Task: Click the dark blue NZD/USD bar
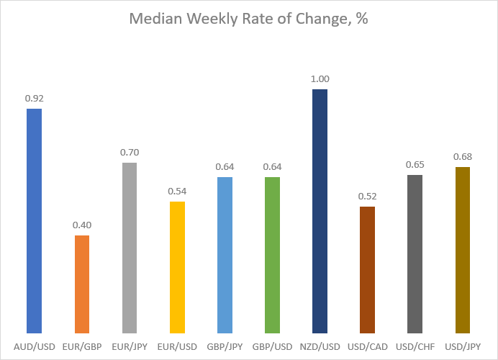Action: coord(320,211)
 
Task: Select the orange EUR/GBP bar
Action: coord(82,284)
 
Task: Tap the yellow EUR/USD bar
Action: coord(177,267)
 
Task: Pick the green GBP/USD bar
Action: coord(272,255)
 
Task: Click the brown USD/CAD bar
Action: coord(368,270)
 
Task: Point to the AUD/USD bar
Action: coord(35,221)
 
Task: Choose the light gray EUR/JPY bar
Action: coord(130,248)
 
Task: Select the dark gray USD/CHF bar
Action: coord(415,254)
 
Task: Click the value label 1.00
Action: coord(320,78)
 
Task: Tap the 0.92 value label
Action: coord(35,99)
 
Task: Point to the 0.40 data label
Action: coord(82,225)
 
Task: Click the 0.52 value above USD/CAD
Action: coord(368,197)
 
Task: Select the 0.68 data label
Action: coord(463,157)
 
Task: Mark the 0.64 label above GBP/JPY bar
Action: coord(225,167)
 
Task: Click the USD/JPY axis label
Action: coord(463,346)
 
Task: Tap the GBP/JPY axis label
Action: coord(225,346)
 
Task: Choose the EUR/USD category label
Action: coord(177,346)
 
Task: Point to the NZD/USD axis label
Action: coord(320,346)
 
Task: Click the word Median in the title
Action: coord(155,19)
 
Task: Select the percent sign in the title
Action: coord(362,19)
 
